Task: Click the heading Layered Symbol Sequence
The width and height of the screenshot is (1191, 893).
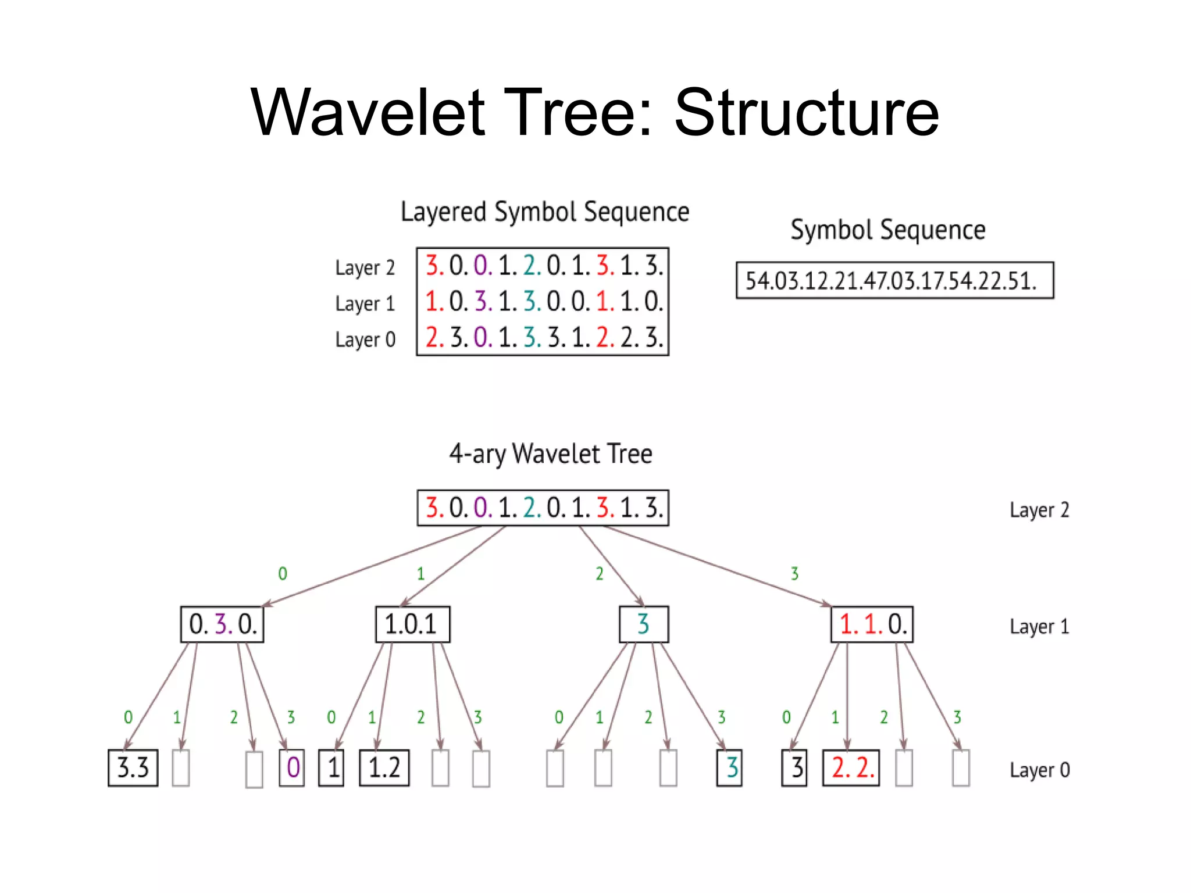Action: [545, 212]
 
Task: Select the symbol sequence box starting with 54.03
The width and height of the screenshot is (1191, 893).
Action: [894, 281]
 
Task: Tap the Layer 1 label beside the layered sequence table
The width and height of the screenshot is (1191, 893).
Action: [365, 303]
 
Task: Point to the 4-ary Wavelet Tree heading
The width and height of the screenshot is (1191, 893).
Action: [550, 454]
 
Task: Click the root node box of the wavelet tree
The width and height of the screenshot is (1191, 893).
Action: [543, 508]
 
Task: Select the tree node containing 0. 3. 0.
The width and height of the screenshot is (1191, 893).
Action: [222, 624]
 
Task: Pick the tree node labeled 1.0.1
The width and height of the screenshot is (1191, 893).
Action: [412, 624]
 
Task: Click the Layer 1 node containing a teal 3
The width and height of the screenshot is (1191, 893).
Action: [644, 624]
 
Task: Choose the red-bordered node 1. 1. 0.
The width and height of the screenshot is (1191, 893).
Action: [872, 624]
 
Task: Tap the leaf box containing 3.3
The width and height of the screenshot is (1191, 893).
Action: [133, 768]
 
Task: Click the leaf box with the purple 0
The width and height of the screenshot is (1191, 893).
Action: [292, 768]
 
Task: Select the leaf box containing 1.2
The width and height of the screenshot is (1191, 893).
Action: [384, 768]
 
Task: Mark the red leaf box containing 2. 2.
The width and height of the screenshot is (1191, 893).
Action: [851, 768]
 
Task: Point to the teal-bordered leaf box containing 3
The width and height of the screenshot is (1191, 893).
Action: [729, 768]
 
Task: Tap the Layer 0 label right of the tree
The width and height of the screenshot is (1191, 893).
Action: [1039, 770]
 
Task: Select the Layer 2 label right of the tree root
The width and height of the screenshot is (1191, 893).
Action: [1039, 510]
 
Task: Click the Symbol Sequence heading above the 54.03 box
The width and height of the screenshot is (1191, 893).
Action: [887, 230]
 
